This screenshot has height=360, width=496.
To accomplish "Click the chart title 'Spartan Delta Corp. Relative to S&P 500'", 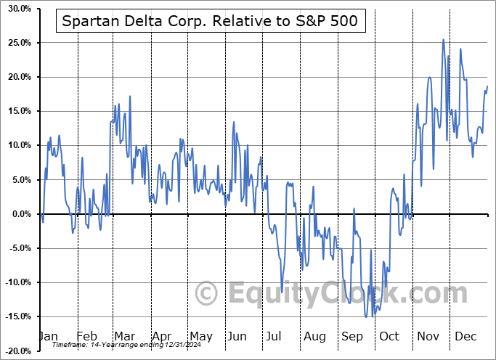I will tap(209, 22).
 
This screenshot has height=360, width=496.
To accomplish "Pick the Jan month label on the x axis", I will tap(48, 336).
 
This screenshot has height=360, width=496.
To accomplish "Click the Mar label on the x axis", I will tap(123, 336).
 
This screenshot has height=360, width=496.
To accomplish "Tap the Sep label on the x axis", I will tap(354, 336).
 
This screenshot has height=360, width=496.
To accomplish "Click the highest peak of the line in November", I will tap(443, 40).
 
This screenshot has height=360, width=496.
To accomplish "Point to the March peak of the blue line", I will tap(130, 96).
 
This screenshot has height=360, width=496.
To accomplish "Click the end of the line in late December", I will tap(487, 86).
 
